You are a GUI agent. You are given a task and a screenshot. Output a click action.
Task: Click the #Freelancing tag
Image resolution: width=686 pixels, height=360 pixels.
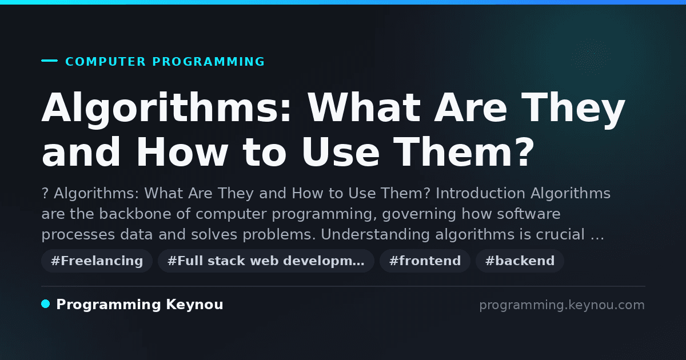[97, 261]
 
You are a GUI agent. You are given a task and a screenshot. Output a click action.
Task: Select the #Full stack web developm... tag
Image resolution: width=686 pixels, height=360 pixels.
[266, 261]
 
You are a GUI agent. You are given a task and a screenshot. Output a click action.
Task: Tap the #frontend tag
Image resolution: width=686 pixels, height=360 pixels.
[425, 261]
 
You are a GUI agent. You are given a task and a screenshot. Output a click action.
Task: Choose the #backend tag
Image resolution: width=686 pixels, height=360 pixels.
[520, 261]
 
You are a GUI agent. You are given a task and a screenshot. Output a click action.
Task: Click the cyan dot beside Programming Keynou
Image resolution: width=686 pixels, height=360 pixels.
[45, 304]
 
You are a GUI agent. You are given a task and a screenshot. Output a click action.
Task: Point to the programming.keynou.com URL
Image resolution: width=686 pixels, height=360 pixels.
[562, 305]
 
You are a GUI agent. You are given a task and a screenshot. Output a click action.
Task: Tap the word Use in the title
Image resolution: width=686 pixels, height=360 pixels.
[341, 151]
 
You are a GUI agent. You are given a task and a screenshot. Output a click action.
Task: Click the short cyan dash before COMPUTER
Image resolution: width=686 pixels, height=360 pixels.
[49, 61]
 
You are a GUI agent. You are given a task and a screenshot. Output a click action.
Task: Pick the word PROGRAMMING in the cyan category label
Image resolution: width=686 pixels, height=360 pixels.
[208, 62]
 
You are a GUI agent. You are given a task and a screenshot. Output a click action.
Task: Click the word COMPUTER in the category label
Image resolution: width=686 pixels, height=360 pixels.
[105, 62]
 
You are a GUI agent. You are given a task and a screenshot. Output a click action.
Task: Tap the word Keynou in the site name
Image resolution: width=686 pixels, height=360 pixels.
[194, 305]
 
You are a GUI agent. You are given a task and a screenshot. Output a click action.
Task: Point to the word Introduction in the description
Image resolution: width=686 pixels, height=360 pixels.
[481, 193]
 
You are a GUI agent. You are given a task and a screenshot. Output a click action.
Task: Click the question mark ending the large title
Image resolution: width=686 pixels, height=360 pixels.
[524, 151]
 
